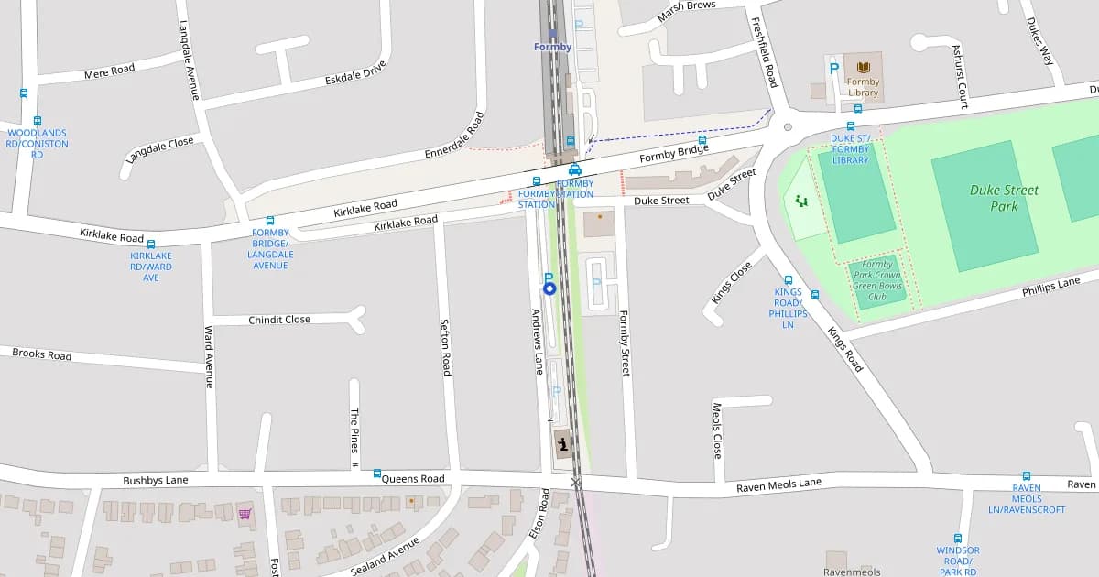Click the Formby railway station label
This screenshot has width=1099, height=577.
click(x=553, y=47)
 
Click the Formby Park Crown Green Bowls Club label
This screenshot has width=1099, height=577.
click(x=876, y=280)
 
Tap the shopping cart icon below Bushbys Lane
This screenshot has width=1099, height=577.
click(x=245, y=514)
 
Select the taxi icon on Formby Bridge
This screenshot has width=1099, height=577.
click(x=575, y=169)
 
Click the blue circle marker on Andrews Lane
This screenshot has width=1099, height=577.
click(x=549, y=288)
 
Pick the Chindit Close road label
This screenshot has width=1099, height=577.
click(x=279, y=320)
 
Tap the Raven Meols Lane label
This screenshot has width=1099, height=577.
click(x=778, y=485)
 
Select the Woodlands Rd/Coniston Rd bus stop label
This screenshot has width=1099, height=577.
click(x=37, y=144)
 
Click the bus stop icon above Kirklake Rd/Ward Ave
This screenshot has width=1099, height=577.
click(x=151, y=245)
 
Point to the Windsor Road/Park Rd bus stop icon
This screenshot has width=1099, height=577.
click(x=958, y=539)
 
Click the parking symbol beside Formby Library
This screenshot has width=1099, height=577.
click(x=833, y=67)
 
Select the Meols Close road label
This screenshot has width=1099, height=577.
click(x=717, y=430)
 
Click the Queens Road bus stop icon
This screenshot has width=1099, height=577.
click(x=377, y=474)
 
